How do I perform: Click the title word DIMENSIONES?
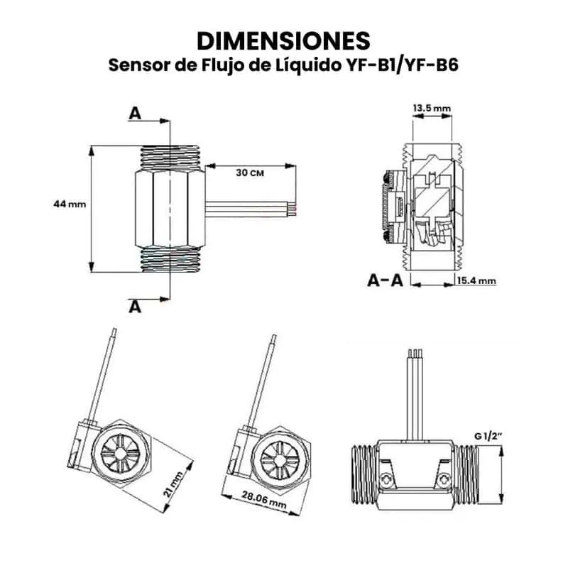click(283, 39)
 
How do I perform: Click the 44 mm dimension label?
click(69, 204)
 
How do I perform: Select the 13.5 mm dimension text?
click(432, 108)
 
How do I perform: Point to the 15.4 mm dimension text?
click(476, 281)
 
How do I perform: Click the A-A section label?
click(386, 280)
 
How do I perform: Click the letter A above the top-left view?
click(135, 113)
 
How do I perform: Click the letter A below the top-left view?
click(135, 306)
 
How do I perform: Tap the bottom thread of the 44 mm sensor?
click(170, 261)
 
